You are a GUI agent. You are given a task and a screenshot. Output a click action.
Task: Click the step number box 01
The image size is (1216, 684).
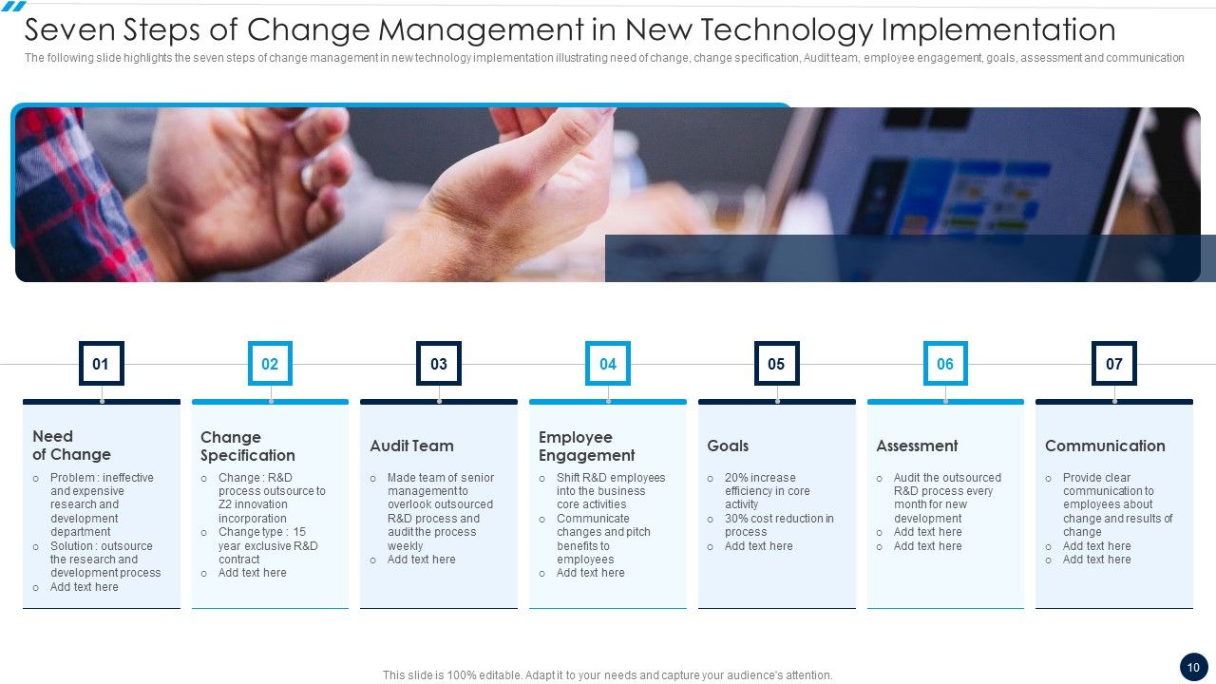click(x=101, y=364)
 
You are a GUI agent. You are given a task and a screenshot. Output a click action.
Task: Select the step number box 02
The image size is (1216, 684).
click(x=270, y=364)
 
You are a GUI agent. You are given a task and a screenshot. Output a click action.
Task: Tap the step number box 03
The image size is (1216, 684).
click(x=439, y=364)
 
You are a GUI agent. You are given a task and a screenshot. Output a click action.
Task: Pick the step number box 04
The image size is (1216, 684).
click(x=608, y=364)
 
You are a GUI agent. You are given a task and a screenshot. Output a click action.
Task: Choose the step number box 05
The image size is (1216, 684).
click(x=776, y=364)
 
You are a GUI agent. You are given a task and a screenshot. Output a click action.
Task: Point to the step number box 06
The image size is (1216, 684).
click(x=945, y=364)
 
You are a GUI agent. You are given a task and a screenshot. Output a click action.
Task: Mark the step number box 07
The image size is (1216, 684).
click(x=1114, y=364)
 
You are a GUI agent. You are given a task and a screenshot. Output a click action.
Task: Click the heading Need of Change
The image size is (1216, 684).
click(x=71, y=446)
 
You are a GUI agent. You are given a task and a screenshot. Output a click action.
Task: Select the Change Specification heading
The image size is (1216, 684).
click(x=247, y=446)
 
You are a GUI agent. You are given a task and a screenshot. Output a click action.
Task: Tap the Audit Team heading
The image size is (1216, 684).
click(x=411, y=446)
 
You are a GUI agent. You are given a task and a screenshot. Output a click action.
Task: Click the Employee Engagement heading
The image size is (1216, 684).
click(x=586, y=446)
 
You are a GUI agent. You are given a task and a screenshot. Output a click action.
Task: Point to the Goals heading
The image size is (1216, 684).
click(x=728, y=446)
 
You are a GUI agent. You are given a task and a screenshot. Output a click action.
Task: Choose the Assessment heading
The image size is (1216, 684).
click(x=917, y=446)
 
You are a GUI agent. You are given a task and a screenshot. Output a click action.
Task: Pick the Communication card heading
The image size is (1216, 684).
click(x=1105, y=446)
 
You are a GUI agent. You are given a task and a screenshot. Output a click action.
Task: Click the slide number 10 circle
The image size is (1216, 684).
click(x=1193, y=668)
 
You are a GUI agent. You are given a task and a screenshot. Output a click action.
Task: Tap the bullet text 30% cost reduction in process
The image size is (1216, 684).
click(x=779, y=525)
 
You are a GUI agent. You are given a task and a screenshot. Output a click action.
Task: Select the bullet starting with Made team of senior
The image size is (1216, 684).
click(x=440, y=512)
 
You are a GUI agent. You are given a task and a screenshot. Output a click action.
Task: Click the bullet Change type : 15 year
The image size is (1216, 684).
click(x=268, y=545)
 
